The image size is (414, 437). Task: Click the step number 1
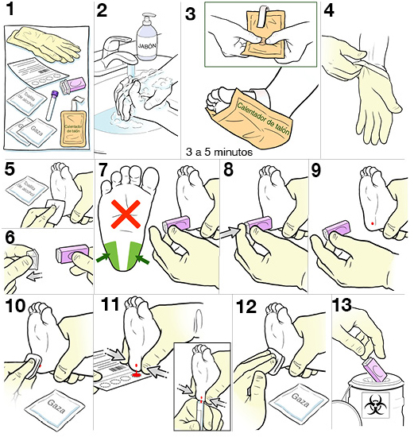(x=14, y=12)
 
